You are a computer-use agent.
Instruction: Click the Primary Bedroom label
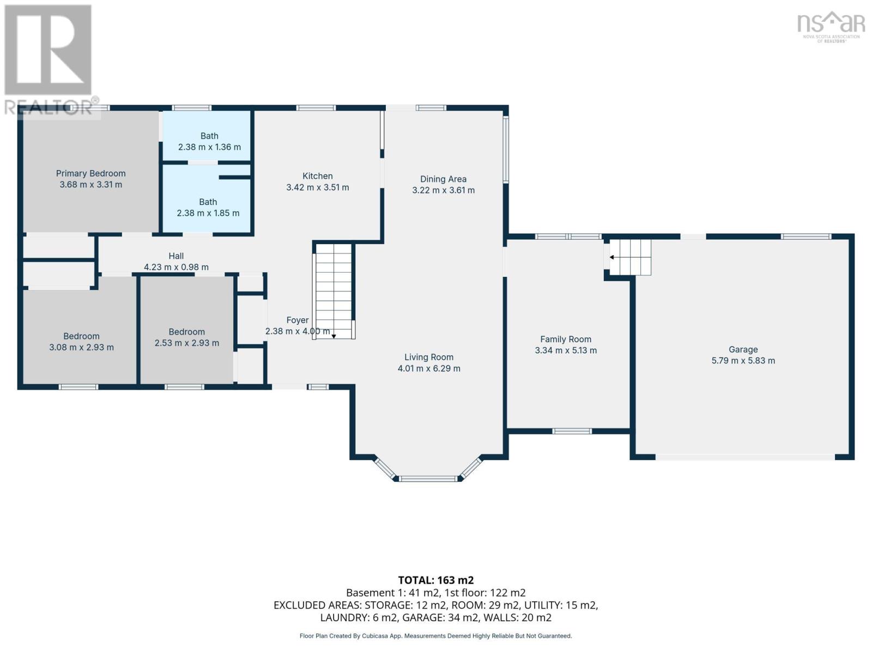(90, 173)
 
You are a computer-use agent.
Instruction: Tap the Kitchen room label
(317, 176)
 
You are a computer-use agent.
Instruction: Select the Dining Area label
(443, 179)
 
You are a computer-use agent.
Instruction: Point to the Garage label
(743, 349)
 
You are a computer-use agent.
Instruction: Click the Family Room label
(566, 339)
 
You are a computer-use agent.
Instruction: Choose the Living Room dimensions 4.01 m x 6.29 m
(429, 368)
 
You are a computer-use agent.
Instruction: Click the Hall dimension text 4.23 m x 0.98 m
(176, 267)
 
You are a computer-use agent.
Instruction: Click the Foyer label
(298, 320)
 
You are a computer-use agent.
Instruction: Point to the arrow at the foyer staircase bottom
(334, 336)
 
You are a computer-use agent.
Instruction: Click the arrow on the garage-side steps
(612, 257)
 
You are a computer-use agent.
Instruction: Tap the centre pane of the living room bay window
(428, 479)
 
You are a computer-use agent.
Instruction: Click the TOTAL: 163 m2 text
(436, 580)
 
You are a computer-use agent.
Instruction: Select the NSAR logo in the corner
(831, 27)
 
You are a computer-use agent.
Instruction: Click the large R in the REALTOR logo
(48, 50)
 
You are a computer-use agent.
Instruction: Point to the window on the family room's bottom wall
(572, 431)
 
